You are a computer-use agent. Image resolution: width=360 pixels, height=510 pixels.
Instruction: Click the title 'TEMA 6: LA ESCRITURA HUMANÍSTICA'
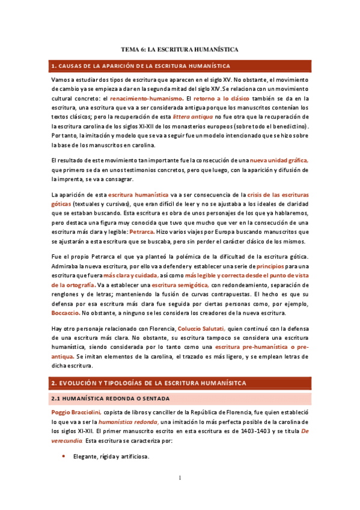pos(180,50)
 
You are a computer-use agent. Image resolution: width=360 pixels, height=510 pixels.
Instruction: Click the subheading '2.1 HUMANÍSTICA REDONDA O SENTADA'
pos(112,398)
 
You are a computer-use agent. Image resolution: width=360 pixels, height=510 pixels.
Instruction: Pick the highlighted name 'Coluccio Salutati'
pos(201,329)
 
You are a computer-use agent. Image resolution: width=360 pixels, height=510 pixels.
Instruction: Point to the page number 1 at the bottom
pos(180,478)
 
